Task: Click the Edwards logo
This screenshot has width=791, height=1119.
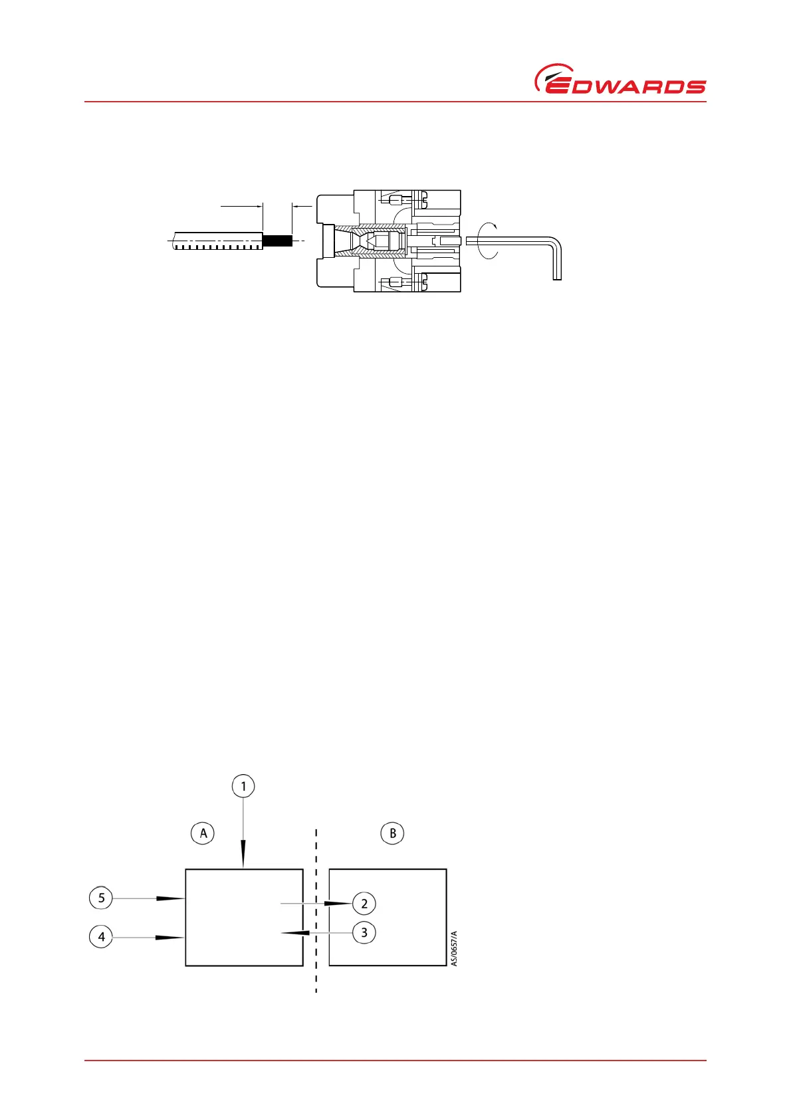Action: pyautogui.click(x=620, y=80)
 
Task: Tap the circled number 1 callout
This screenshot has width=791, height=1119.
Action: pyautogui.click(x=243, y=787)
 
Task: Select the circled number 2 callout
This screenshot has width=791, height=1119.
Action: pyautogui.click(x=364, y=904)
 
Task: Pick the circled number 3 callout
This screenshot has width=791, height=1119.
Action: pyautogui.click(x=364, y=932)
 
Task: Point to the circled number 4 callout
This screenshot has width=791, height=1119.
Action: pyautogui.click(x=101, y=937)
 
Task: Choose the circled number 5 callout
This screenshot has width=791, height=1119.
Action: pyautogui.click(x=101, y=898)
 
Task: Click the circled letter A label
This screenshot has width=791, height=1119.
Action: pyautogui.click(x=203, y=833)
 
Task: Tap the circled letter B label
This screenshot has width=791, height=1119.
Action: pyautogui.click(x=393, y=833)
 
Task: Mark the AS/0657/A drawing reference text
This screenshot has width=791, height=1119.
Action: pyautogui.click(x=455, y=948)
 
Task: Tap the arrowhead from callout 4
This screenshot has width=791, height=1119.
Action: pyautogui.click(x=170, y=938)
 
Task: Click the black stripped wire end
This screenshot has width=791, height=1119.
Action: pyautogui.click(x=278, y=241)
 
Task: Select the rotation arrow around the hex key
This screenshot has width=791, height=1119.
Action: pyautogui.click(x=489, y=241)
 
